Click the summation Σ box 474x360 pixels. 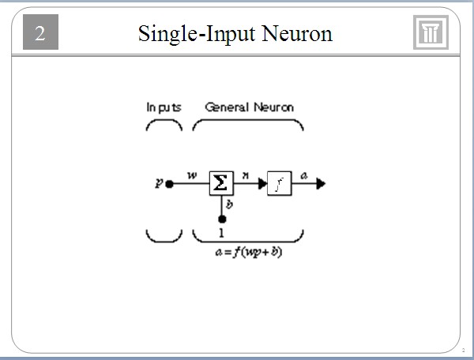pyautogui.click(x=221, y=183)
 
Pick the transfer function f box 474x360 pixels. pyautogui.click(x=279, y=183)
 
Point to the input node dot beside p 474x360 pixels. pyautogui.click(x=169, y=184)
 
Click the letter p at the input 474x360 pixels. pyautogui.click(x=159, y=183)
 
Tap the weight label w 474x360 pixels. pyautogui.click(x=192, y=174)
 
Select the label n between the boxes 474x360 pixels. pyautogui.click(x=246, y=177)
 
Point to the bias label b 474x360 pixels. pyautogui.click(x=229, y=204)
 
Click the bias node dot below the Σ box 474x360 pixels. pyautogui.click(x=221, y=219)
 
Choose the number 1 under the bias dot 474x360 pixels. pyautogui.click(x=221, y=234)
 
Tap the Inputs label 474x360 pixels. pyautogui.click(x=164, y=107)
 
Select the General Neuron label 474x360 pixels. pyautogui.click(x=249, y=107)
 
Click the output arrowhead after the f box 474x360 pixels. pyautogui.click(x=319, y=184)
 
